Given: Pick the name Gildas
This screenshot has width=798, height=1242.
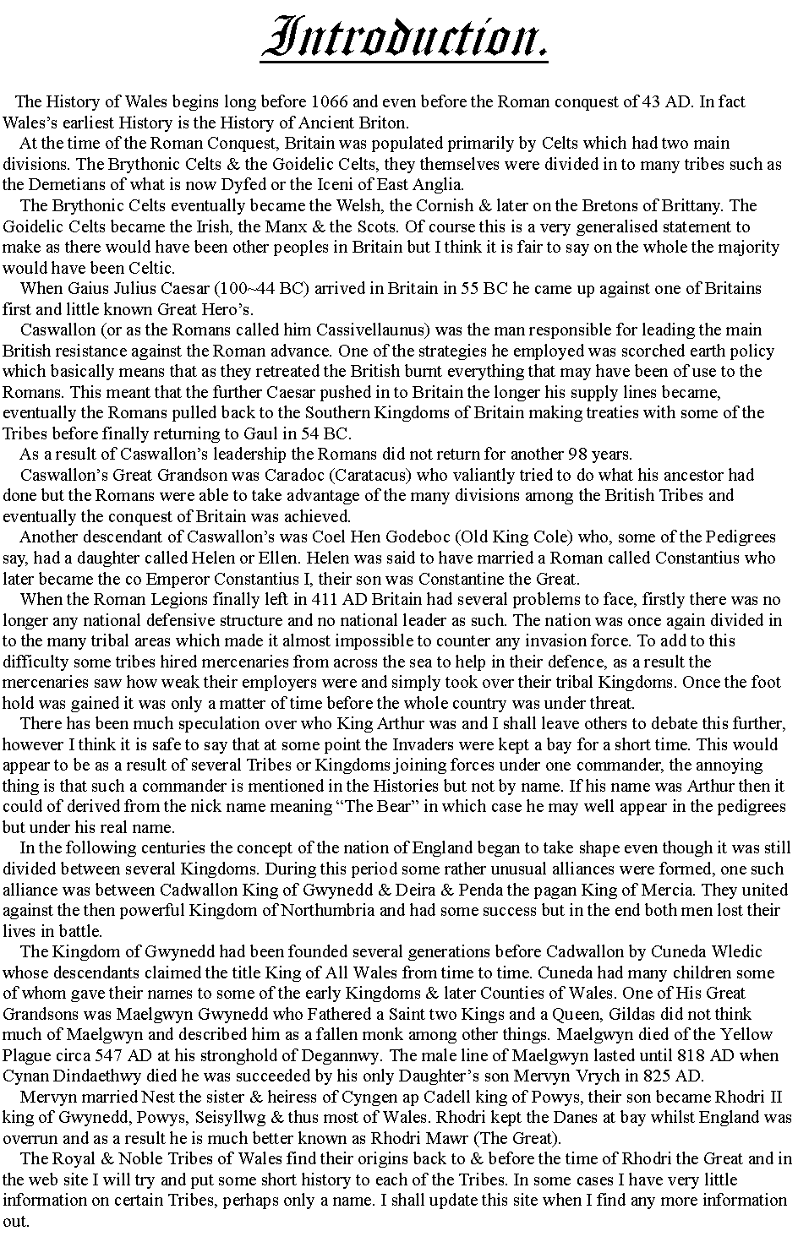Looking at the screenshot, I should [578, 1014].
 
